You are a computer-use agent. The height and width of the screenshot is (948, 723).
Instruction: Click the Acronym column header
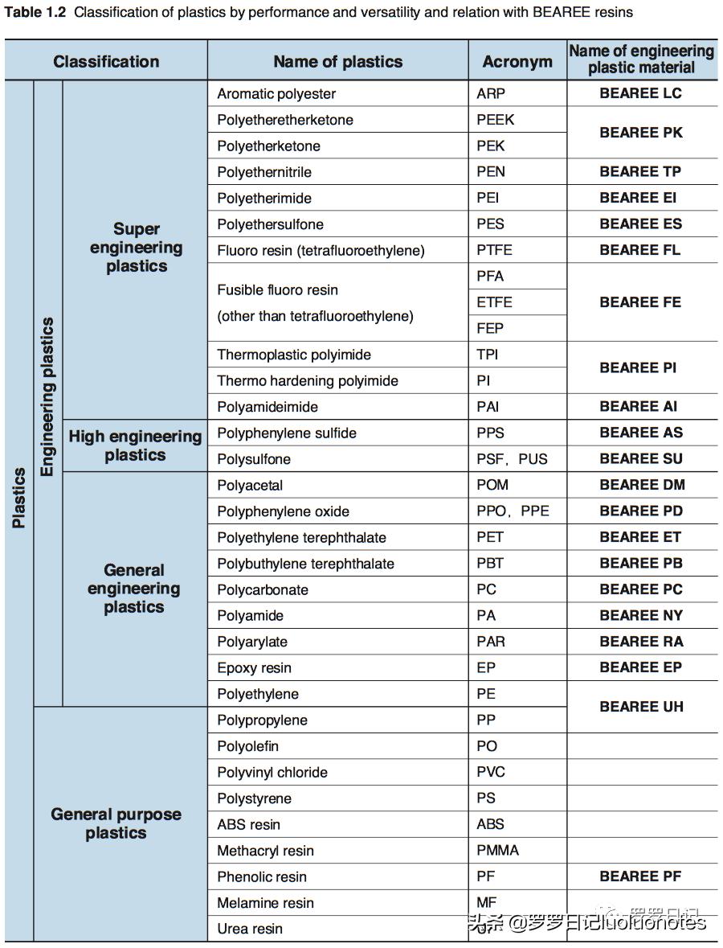pyautogui.click(x=517, y=61)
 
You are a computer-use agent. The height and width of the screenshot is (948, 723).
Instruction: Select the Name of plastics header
pyautogui.click(x=337, y=61)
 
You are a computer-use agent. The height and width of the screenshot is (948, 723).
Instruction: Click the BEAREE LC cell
pyautogui.click(x=640, y=93)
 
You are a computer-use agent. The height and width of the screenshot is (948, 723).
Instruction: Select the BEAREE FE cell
pyautogui.click(x=640, y=302)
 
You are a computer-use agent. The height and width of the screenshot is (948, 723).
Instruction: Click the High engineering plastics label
pyautogui.click(x=135, y=445)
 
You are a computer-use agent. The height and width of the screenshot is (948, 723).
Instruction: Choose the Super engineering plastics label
pyautogui.click(x=136, y=248)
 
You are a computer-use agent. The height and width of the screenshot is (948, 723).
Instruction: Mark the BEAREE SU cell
pyautogui.click(x=641, y=459)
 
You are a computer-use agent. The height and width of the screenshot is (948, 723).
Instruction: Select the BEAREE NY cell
pyautogui.click(x=641, y=616)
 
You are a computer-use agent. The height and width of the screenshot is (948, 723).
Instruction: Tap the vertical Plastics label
pyautogui.click(x=19, y=498)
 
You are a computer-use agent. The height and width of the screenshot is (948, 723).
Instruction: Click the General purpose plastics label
pyautogui.click(x=116, y=823)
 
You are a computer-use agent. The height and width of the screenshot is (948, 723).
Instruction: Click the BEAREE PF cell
pyautogui.click(x=640, y=876)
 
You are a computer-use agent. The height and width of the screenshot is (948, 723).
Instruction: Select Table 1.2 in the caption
pyautogui.click(x=35, y=12)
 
